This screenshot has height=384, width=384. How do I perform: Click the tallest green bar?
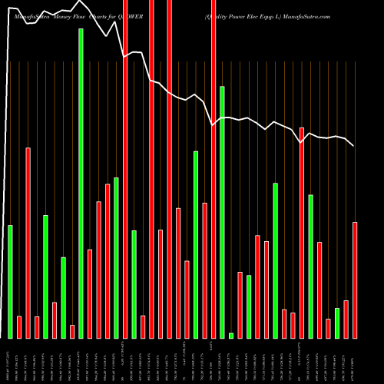pos(81,184)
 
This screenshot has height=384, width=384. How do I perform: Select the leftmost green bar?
pos(10,281)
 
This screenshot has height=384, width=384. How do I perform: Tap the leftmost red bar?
pos(19,326)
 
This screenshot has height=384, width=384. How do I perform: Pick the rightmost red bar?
pos(355,280)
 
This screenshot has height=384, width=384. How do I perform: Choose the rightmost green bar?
pos(337,323)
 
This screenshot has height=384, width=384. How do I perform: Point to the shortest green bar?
pos(231,335)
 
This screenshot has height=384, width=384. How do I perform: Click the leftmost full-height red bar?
pos(125,169)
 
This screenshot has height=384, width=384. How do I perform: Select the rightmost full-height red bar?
pos(214,169)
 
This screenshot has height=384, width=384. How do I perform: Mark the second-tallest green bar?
pos(223,212)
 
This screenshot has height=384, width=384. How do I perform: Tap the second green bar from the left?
pos(45,276)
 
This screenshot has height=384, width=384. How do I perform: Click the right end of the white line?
pos(353,146)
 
